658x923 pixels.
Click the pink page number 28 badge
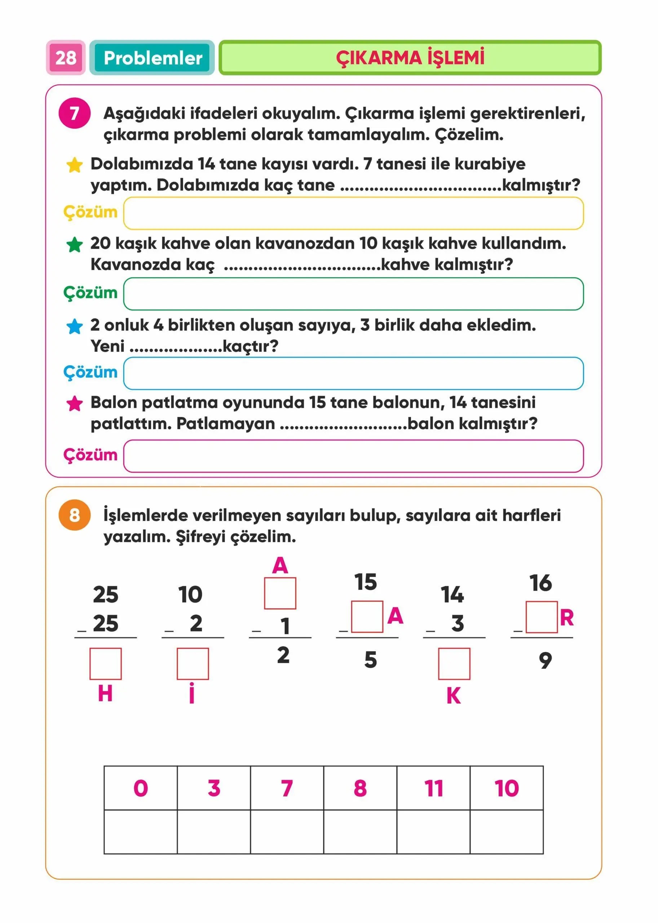66,58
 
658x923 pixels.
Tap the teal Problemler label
153,58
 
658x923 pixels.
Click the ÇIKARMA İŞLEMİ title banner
410,58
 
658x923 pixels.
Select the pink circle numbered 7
74,113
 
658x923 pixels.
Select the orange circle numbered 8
74,515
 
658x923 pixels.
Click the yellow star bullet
75,165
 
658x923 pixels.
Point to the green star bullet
75,244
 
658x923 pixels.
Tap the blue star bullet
75,326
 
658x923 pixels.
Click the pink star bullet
75,403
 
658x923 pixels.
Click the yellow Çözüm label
90,212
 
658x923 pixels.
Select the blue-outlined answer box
353,373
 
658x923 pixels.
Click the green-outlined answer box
353,294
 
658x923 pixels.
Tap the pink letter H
105,693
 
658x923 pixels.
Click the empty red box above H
105,664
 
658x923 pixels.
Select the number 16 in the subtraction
540,583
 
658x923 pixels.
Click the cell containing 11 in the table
433,788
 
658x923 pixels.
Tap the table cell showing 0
141,788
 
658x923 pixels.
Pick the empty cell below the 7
287,832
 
